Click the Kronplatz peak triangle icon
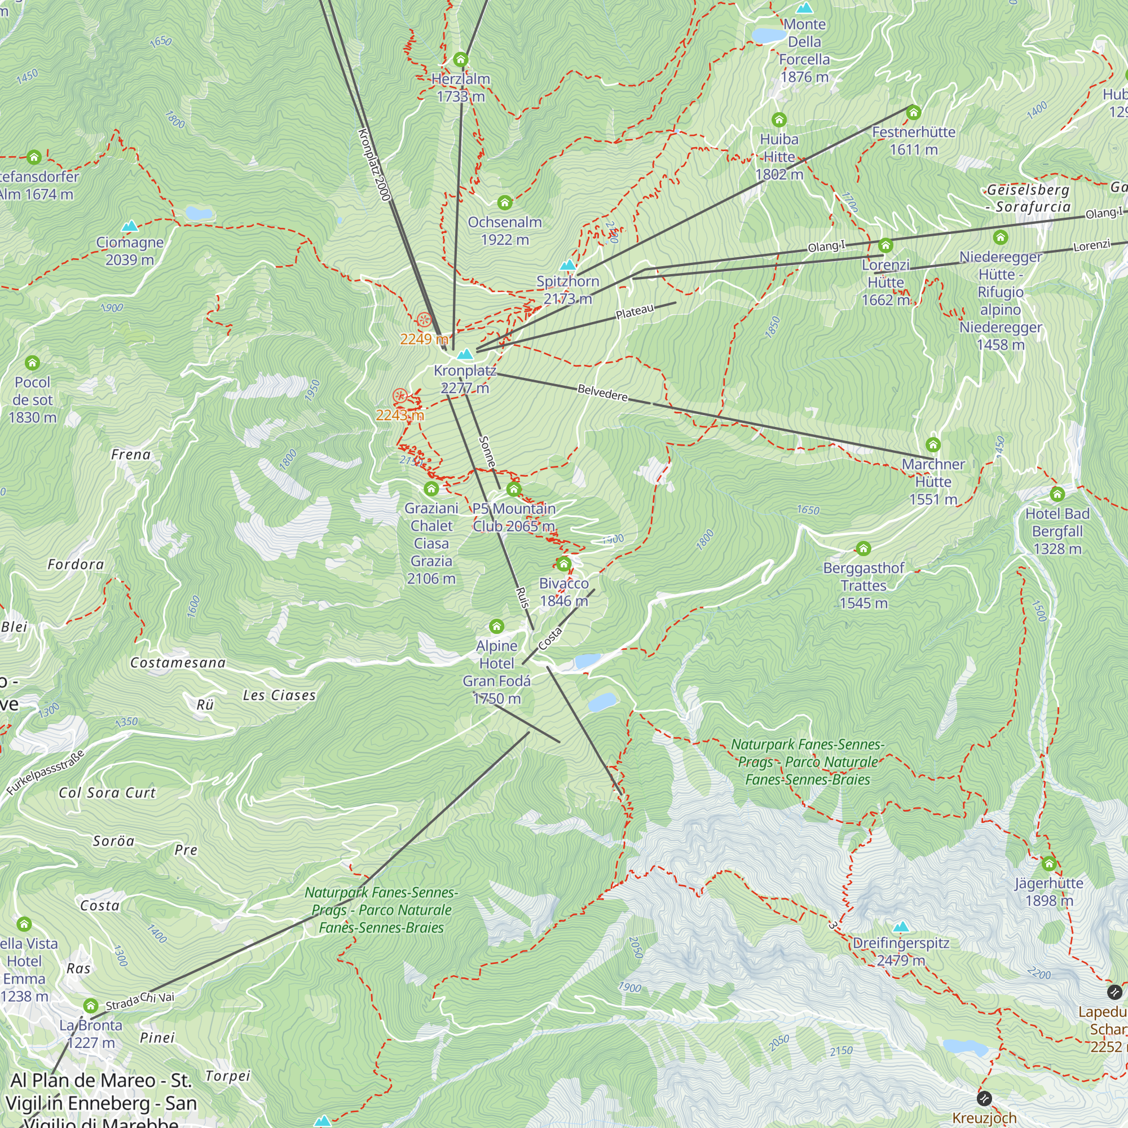click(465, 354)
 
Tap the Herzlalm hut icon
click(461, 60)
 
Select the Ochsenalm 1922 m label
click(505, 231)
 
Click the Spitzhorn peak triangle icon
click(567, 266)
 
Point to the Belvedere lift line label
click(602, 393)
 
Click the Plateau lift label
click(634, 312)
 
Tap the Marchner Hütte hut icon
click(933, 445)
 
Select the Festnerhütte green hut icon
click(914, 112)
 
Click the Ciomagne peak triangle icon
click(130, 226)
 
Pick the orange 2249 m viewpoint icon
click(424, 320)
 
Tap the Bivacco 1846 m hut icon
click(563, 564)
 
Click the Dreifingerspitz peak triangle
click(901, 927)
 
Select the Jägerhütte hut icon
click(1048, 863)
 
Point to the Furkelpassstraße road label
click(46, 772)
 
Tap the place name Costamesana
click(178, 663)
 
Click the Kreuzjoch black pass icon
click(984, 1099)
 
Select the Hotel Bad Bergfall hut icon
click(1057, 495)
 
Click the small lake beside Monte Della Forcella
click(768, 36)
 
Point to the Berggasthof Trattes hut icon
click(863, 548)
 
